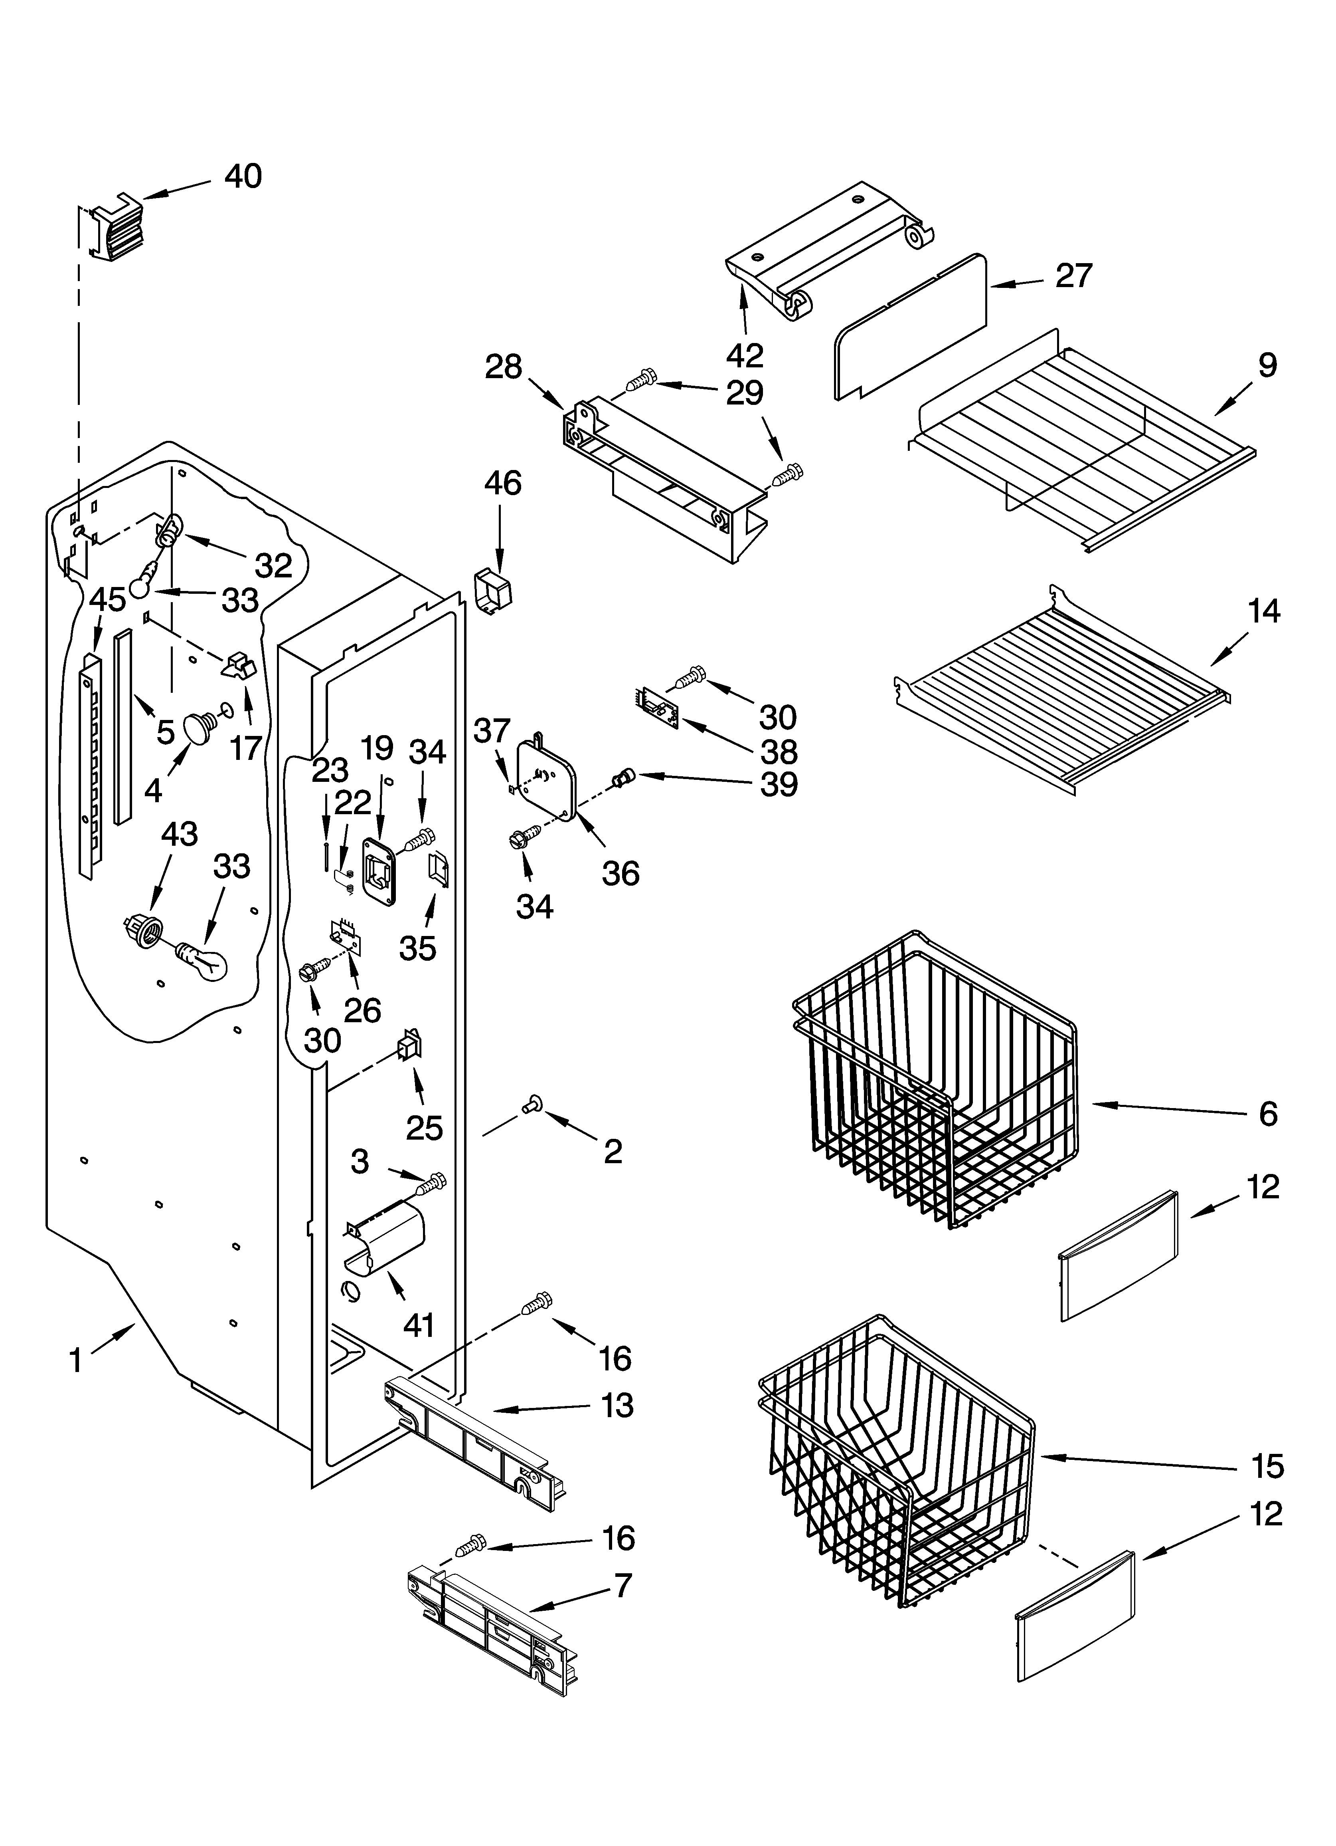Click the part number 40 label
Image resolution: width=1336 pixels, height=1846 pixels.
tap(243, 176)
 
